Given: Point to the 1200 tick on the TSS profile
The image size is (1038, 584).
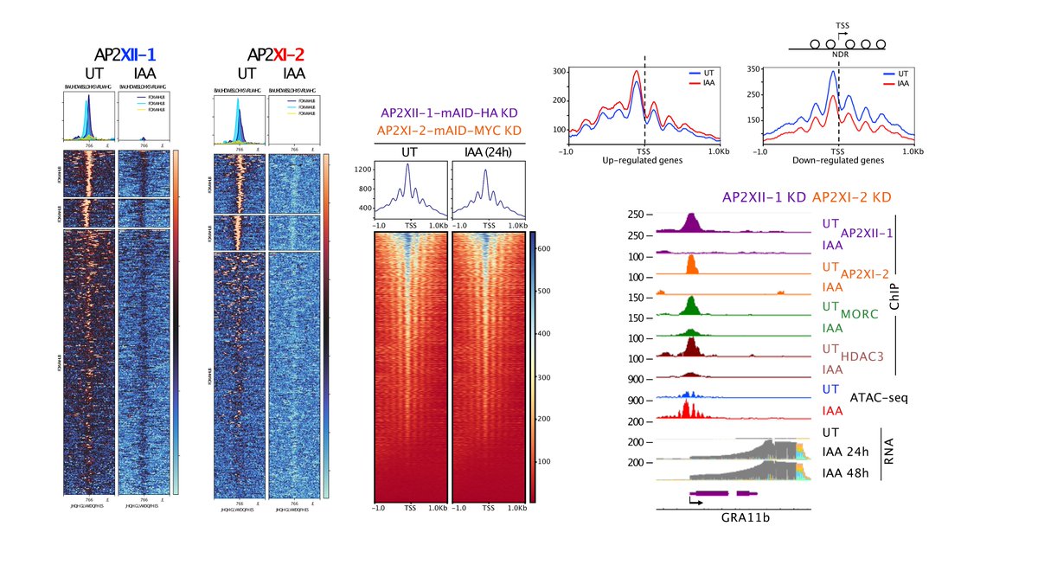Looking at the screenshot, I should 363,172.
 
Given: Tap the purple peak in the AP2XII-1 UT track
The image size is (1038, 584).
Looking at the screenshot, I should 690,222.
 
